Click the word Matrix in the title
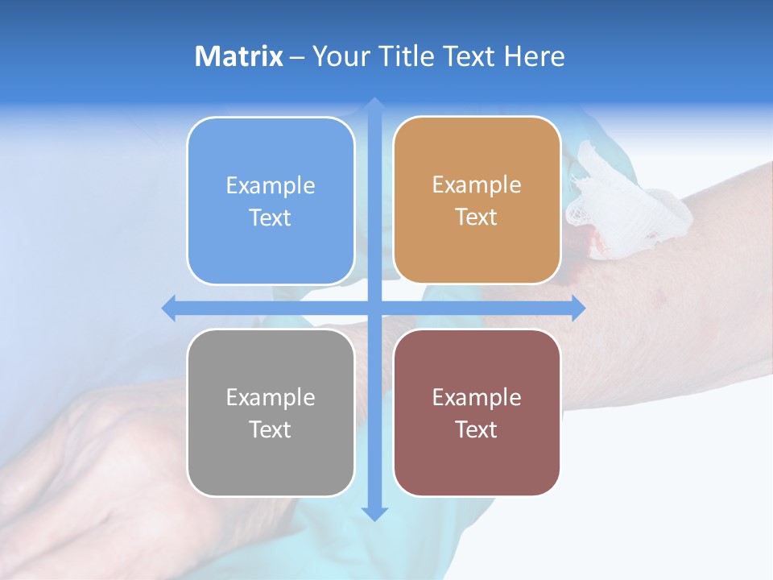[239, 56]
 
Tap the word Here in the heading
[534, 56]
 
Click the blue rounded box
[271, 201]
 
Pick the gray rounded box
[271, 412]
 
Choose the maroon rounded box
[477, 412]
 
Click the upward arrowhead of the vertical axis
[374, 104]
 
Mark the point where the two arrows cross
[374, 308]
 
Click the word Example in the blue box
[271, 186]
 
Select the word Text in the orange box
[477, 217]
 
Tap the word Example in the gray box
[271, 397]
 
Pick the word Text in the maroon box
[477, 429]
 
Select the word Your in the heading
[335, 56]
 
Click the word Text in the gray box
[271, 429]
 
